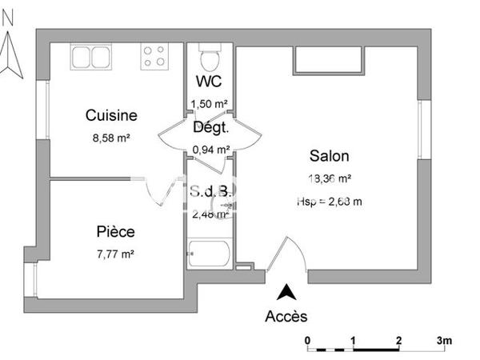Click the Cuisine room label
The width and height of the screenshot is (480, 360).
point(111,116)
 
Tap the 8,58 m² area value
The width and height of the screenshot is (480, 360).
point(111,137)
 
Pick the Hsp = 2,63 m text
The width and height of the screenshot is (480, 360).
point(329,202)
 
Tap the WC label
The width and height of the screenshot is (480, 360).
point(209,81)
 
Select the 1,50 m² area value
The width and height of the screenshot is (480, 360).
point(210,103)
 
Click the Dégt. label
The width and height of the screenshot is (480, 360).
point(211,126)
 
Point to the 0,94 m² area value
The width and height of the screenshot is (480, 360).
point(211,149)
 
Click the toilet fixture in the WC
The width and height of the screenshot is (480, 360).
point(210,58)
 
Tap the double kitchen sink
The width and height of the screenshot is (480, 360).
point(93,56)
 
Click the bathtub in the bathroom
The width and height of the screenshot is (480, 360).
point(210,254)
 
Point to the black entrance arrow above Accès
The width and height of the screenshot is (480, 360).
point(285,293)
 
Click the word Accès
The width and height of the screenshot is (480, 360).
point(286,316)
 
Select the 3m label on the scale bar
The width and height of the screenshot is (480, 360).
point(444,339)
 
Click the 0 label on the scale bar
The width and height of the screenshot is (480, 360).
point(308,339)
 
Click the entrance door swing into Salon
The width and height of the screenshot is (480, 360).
point(290,254)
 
